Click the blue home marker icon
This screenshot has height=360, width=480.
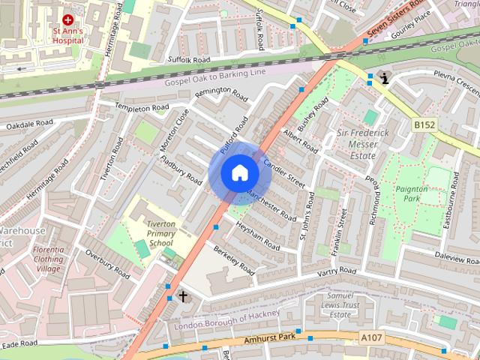click(240, 172)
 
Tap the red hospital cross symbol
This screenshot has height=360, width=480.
click(68, 19)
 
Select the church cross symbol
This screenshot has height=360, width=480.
click(182, 297)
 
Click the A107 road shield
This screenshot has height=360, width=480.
click(371, 338)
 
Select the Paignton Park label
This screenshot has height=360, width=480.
click(412, 194)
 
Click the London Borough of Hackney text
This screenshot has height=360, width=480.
click(227, 319)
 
